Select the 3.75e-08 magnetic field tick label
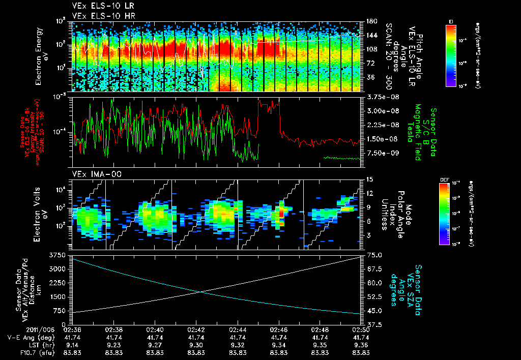pyautogui.click(x=379, y=97)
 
